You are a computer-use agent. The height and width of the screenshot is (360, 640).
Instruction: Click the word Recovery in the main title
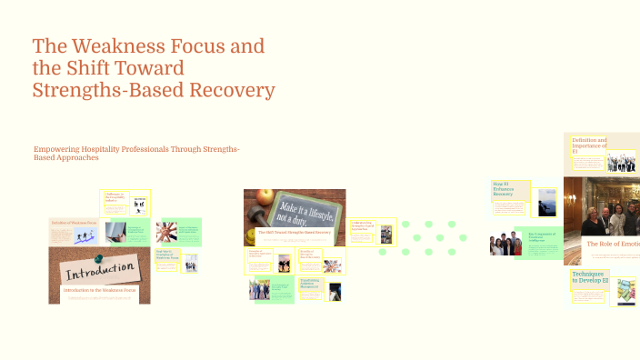(x=231, y=90)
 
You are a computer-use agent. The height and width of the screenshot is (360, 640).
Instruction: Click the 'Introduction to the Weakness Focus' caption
(x=99, y=289)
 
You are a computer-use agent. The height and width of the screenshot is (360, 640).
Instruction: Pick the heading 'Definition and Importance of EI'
(x=589, y=145)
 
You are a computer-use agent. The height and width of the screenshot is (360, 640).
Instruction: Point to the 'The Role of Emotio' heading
(x=612, y=244)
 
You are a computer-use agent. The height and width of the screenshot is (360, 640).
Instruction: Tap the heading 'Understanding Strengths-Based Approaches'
(x=363, y=225)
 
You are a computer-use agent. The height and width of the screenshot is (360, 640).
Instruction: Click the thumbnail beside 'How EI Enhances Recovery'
(x=546, y=202)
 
